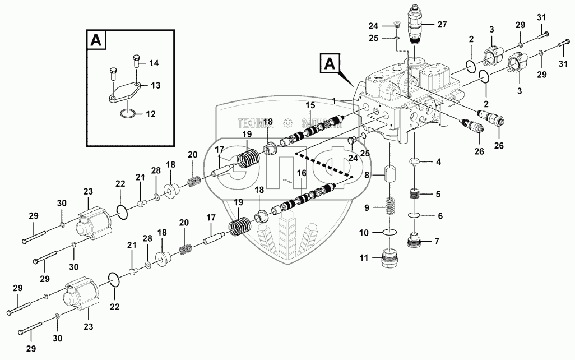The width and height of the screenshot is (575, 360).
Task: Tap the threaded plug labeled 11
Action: point(388,259)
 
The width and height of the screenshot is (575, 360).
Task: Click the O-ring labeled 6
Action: point(415,216)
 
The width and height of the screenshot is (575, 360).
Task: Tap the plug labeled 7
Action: point(415,242)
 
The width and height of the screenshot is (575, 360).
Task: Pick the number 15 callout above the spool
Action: point(310,107)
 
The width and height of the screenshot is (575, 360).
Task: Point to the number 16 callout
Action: point(302,174)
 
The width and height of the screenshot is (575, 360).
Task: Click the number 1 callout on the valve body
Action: point(333,100)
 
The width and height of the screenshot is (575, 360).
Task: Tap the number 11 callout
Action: point(364,259)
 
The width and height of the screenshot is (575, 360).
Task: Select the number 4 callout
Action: point(439,163)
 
